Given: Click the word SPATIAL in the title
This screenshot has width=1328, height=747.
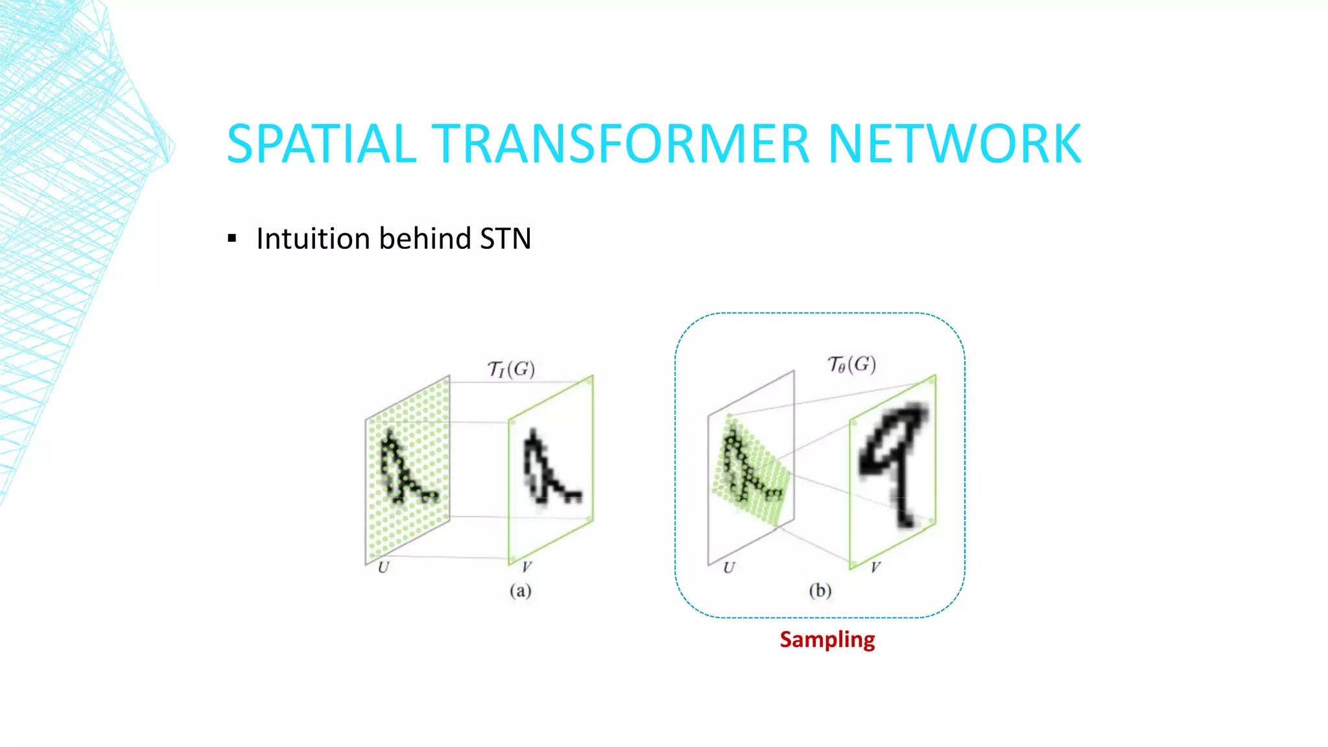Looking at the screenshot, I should pos(321,144).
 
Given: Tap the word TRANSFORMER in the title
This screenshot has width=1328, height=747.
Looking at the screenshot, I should pos(621,144).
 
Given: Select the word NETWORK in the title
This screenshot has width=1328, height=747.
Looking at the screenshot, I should pos(954,144).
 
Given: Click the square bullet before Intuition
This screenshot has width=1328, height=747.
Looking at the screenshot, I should pos(232,239).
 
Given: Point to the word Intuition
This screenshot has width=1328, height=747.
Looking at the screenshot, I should pos(313,239).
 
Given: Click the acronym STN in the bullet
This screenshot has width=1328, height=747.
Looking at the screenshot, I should pos(505,239).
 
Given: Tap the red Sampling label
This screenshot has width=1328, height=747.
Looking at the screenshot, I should pos(827,640).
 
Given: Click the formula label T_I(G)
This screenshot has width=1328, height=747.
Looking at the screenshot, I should pos(511,370).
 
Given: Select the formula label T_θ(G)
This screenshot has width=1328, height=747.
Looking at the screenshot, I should pos(851,364).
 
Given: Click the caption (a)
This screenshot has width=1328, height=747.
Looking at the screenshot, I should pos(520,591).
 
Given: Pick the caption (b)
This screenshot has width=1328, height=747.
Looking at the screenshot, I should pos(820,591).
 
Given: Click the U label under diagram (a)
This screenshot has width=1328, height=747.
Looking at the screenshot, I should pos(383,568).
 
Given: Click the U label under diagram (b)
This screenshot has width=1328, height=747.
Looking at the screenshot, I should pos(729,568).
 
